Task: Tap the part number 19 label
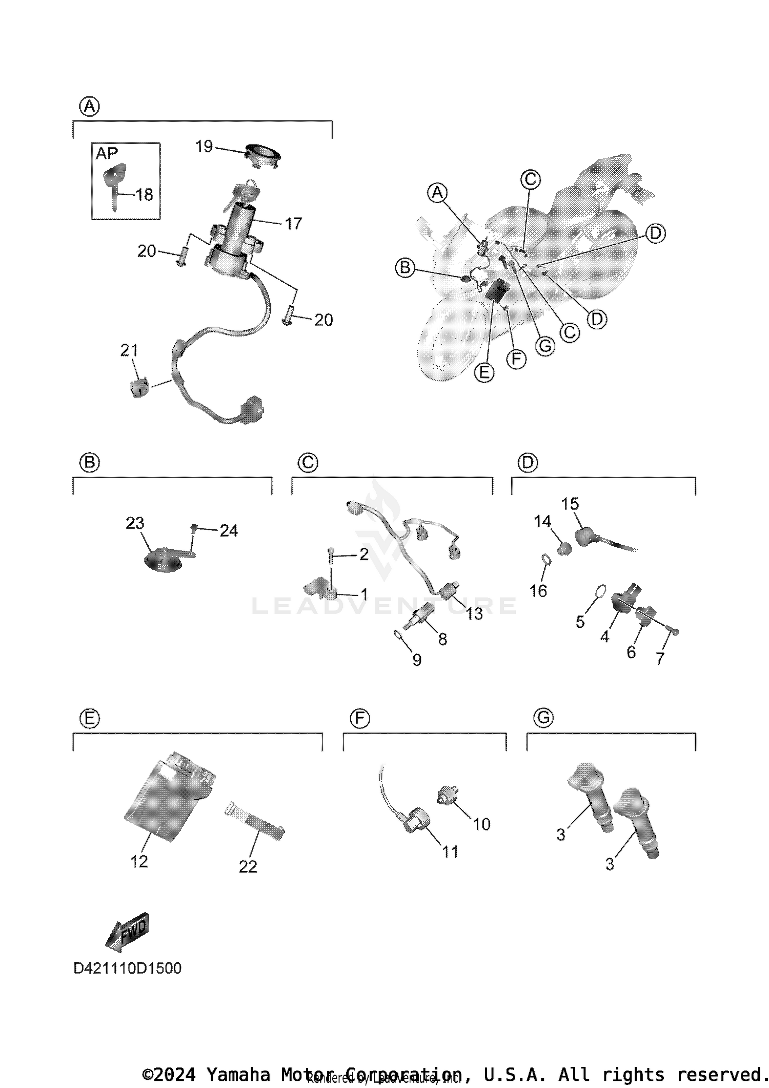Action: click(x=204, y=147)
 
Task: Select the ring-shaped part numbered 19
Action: click(x=263, y=155)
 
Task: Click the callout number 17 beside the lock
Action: click(x=293, y=224)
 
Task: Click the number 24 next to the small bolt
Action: click(x=229, y=531)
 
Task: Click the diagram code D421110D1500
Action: click(x=127, y=968)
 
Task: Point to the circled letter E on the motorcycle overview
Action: click(x=484, y=372)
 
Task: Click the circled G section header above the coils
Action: click(x=543, y=718)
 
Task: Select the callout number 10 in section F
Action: click(x=481, y=824)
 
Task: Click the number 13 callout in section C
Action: click(x=474, y=614)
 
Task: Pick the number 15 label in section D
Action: click(x=570, y=504)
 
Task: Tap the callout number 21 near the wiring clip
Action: click(x=129, y=350)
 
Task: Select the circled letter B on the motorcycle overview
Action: click(x=406, y=268)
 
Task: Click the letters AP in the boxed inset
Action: click(x=107, y=153)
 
